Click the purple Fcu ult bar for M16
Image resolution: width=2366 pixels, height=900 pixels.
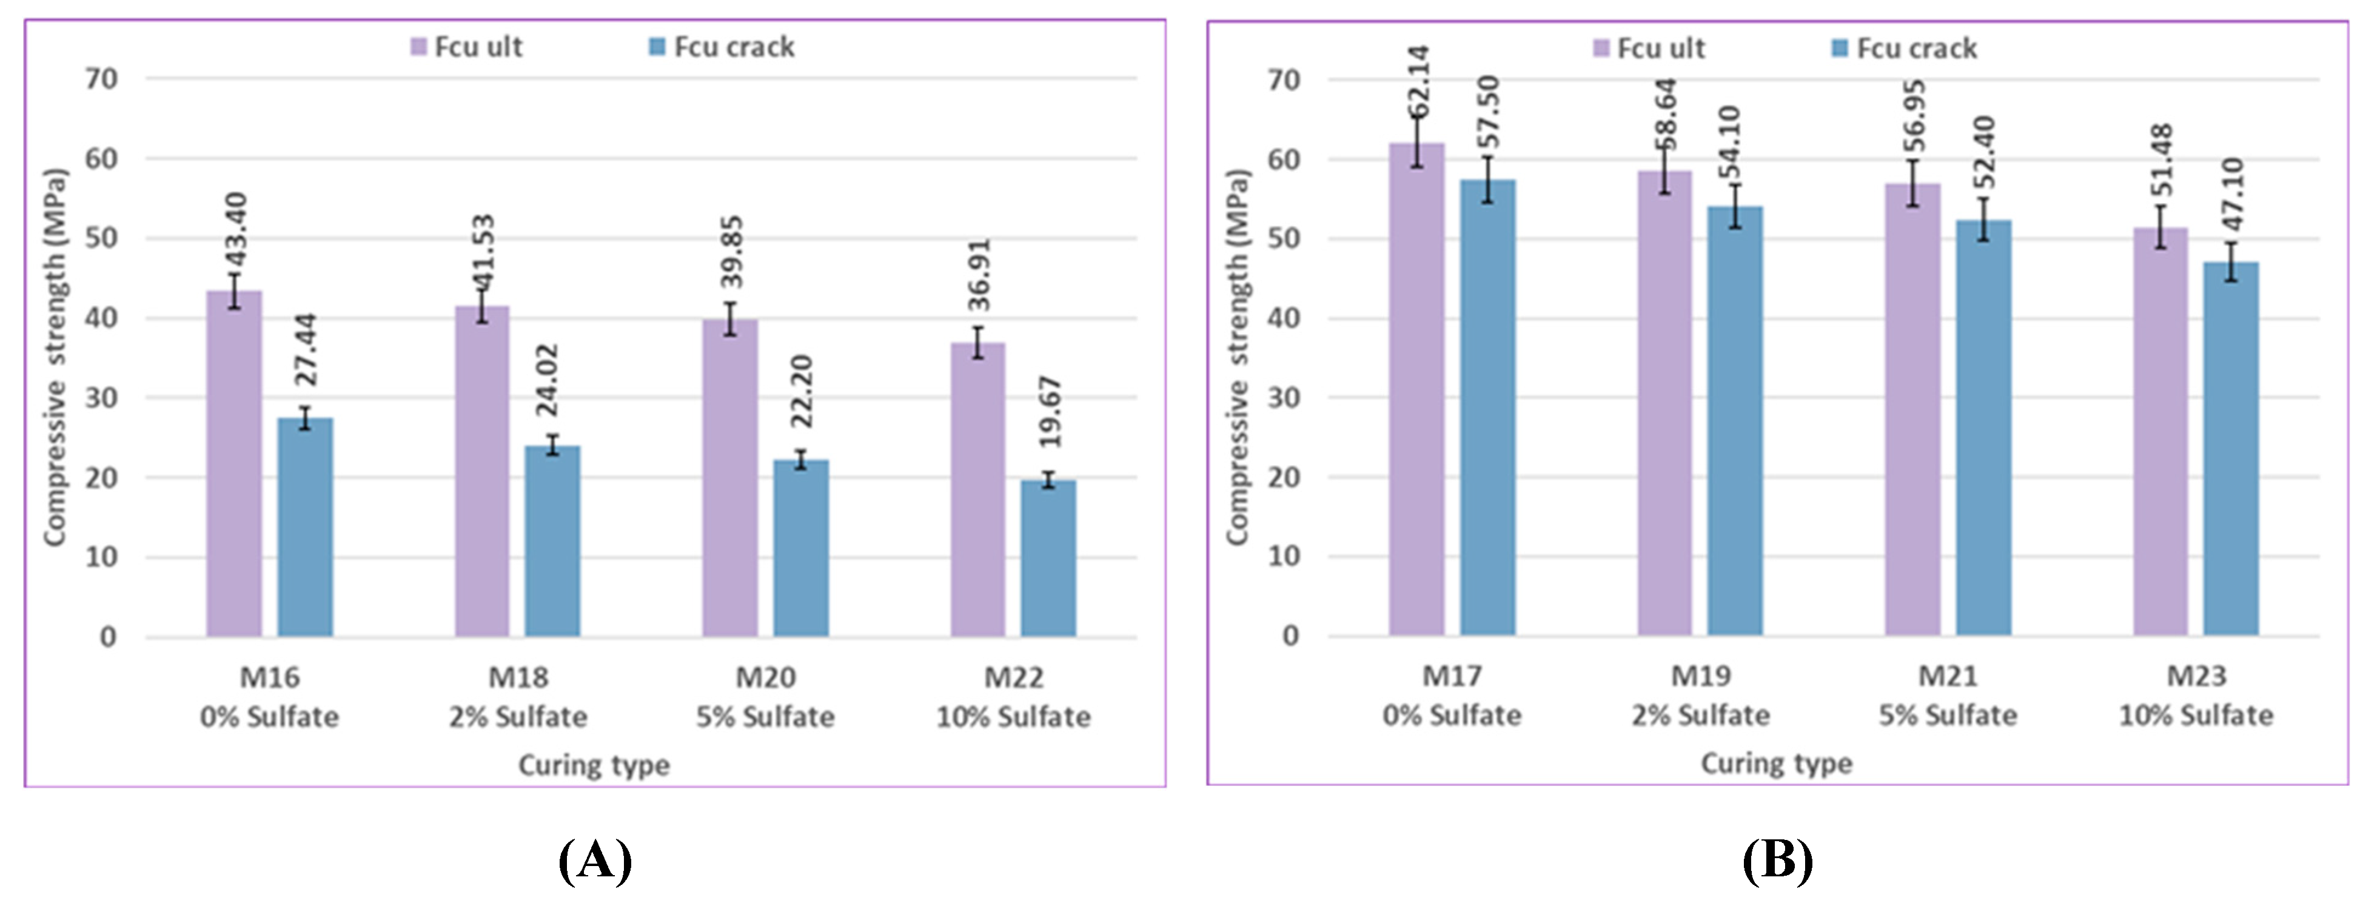(233, 464)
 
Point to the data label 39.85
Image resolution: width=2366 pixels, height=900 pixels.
(732, 252)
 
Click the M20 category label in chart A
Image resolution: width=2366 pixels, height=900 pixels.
(765, 678)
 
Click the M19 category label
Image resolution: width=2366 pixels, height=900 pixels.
(1700, 676)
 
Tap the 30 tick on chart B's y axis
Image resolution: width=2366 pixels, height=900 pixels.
(1284, 398)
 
